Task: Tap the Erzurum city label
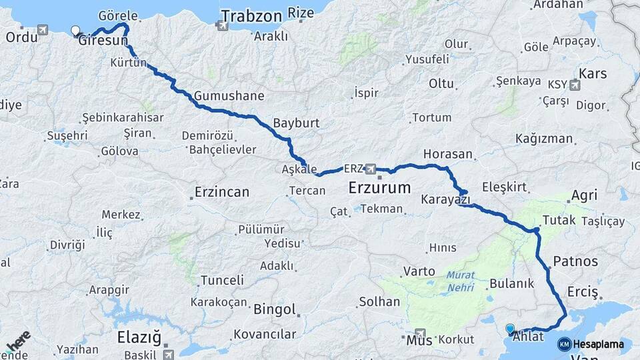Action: pyautogui.click(x=379, y=189)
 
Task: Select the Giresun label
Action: pyautogui.click(x=103, y=41)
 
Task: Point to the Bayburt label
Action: pyautogui.click(x=297, y=123)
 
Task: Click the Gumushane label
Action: pyautogui.click(x=229, y=95)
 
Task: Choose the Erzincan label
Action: pyautogui.click(x=222, y=193)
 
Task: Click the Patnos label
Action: pyautogui.click(x=576, y=261)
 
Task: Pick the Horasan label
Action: pyautogui.click(x=447, y=154)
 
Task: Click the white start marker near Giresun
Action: pyautogui.click(x=75, y=31)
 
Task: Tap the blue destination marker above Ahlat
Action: pyautogui.click(x=510, y=328)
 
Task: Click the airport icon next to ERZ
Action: pyautogui.click(x=371, y=169)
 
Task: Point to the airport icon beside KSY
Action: pyautogui.click(x=575, y=85)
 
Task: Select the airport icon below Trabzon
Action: pyautogui.click(x=221, y=27)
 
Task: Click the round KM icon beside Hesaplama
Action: pyautogui.click(x=564, y=344)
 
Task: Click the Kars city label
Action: pyautogui.click(x=593, y=73)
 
